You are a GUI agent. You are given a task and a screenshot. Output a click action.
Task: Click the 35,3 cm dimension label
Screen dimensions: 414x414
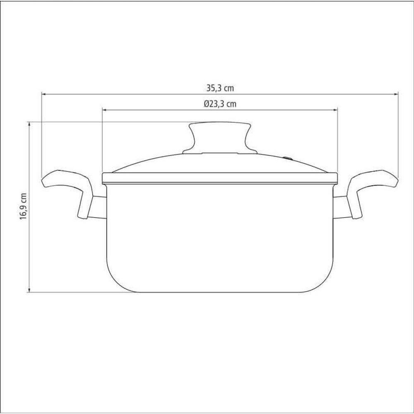pyautogui.click(x=220, y=88)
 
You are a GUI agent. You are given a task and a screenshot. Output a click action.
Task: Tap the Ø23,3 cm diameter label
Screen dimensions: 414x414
pyautogui.click(x=220, y=104)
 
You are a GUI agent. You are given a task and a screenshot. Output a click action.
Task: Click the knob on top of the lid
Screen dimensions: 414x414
pyautogui.click(x=220, y=138)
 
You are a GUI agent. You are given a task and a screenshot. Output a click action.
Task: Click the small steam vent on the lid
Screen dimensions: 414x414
pyautogui.click(x=288, y=159)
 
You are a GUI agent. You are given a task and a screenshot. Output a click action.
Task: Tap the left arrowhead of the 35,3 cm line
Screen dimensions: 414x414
pyautogui.click(x=44, y=94)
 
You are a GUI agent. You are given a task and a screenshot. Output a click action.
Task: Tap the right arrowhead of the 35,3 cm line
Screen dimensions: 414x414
pyautogui.click(x=395, y=94)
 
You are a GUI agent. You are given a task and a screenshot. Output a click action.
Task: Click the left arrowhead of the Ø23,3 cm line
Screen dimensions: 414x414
pyautogui.click(x=105, y=110)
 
